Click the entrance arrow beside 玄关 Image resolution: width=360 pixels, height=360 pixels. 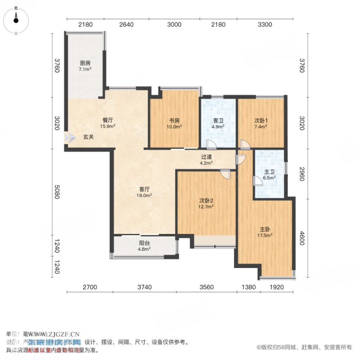(x=67, y=137)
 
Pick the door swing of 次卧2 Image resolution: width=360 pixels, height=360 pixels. (x=225, y=174)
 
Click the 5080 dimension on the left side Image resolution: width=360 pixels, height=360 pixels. (x=57, y=191)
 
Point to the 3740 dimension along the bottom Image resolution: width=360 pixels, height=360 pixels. (x=144, y=287)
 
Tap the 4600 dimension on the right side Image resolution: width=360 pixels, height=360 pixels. (x=302, y=239)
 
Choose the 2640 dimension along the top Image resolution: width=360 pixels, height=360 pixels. (x=126, y=25)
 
